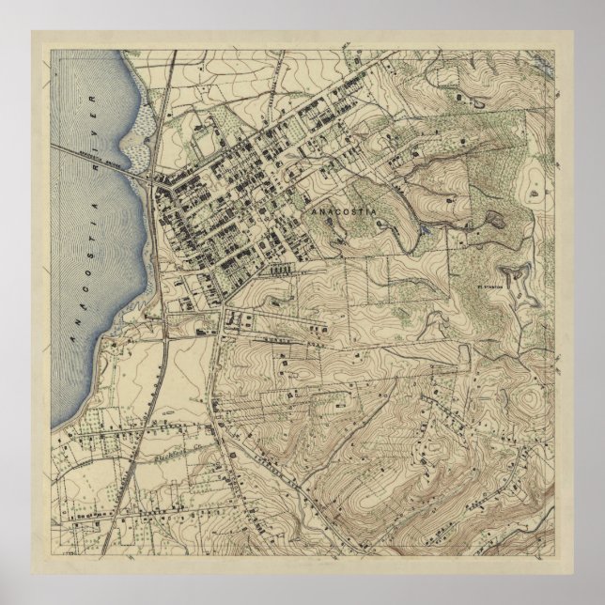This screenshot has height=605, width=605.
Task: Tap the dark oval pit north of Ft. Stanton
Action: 493,223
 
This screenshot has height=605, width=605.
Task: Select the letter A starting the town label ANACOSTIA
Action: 313,213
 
